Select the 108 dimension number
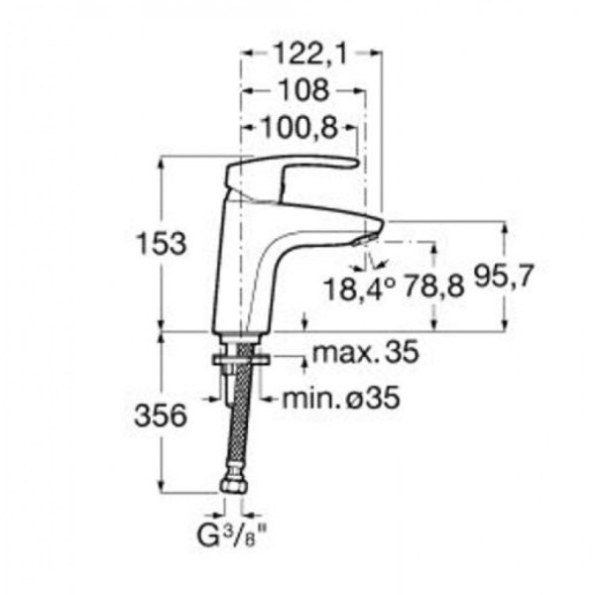304,91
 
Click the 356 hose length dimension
160,417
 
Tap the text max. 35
365,353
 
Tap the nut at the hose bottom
232,487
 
